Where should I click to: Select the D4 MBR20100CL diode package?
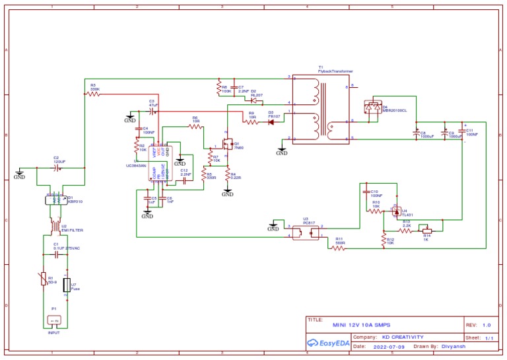[x=374, y=106]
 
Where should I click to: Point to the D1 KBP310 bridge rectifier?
[x=53, y=200]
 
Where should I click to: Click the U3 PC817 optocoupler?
[x=306, y=231]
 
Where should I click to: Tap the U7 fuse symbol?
[x=66, y=285]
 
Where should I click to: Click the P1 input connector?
[x=53, y=321]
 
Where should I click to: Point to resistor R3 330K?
[x=94, y=94]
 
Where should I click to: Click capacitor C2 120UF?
[x=59, y=168]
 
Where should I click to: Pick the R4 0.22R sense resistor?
[x=227, y=176]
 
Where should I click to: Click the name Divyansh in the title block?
[x=455, y=346]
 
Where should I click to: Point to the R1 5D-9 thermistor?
[x=43, y=280]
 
